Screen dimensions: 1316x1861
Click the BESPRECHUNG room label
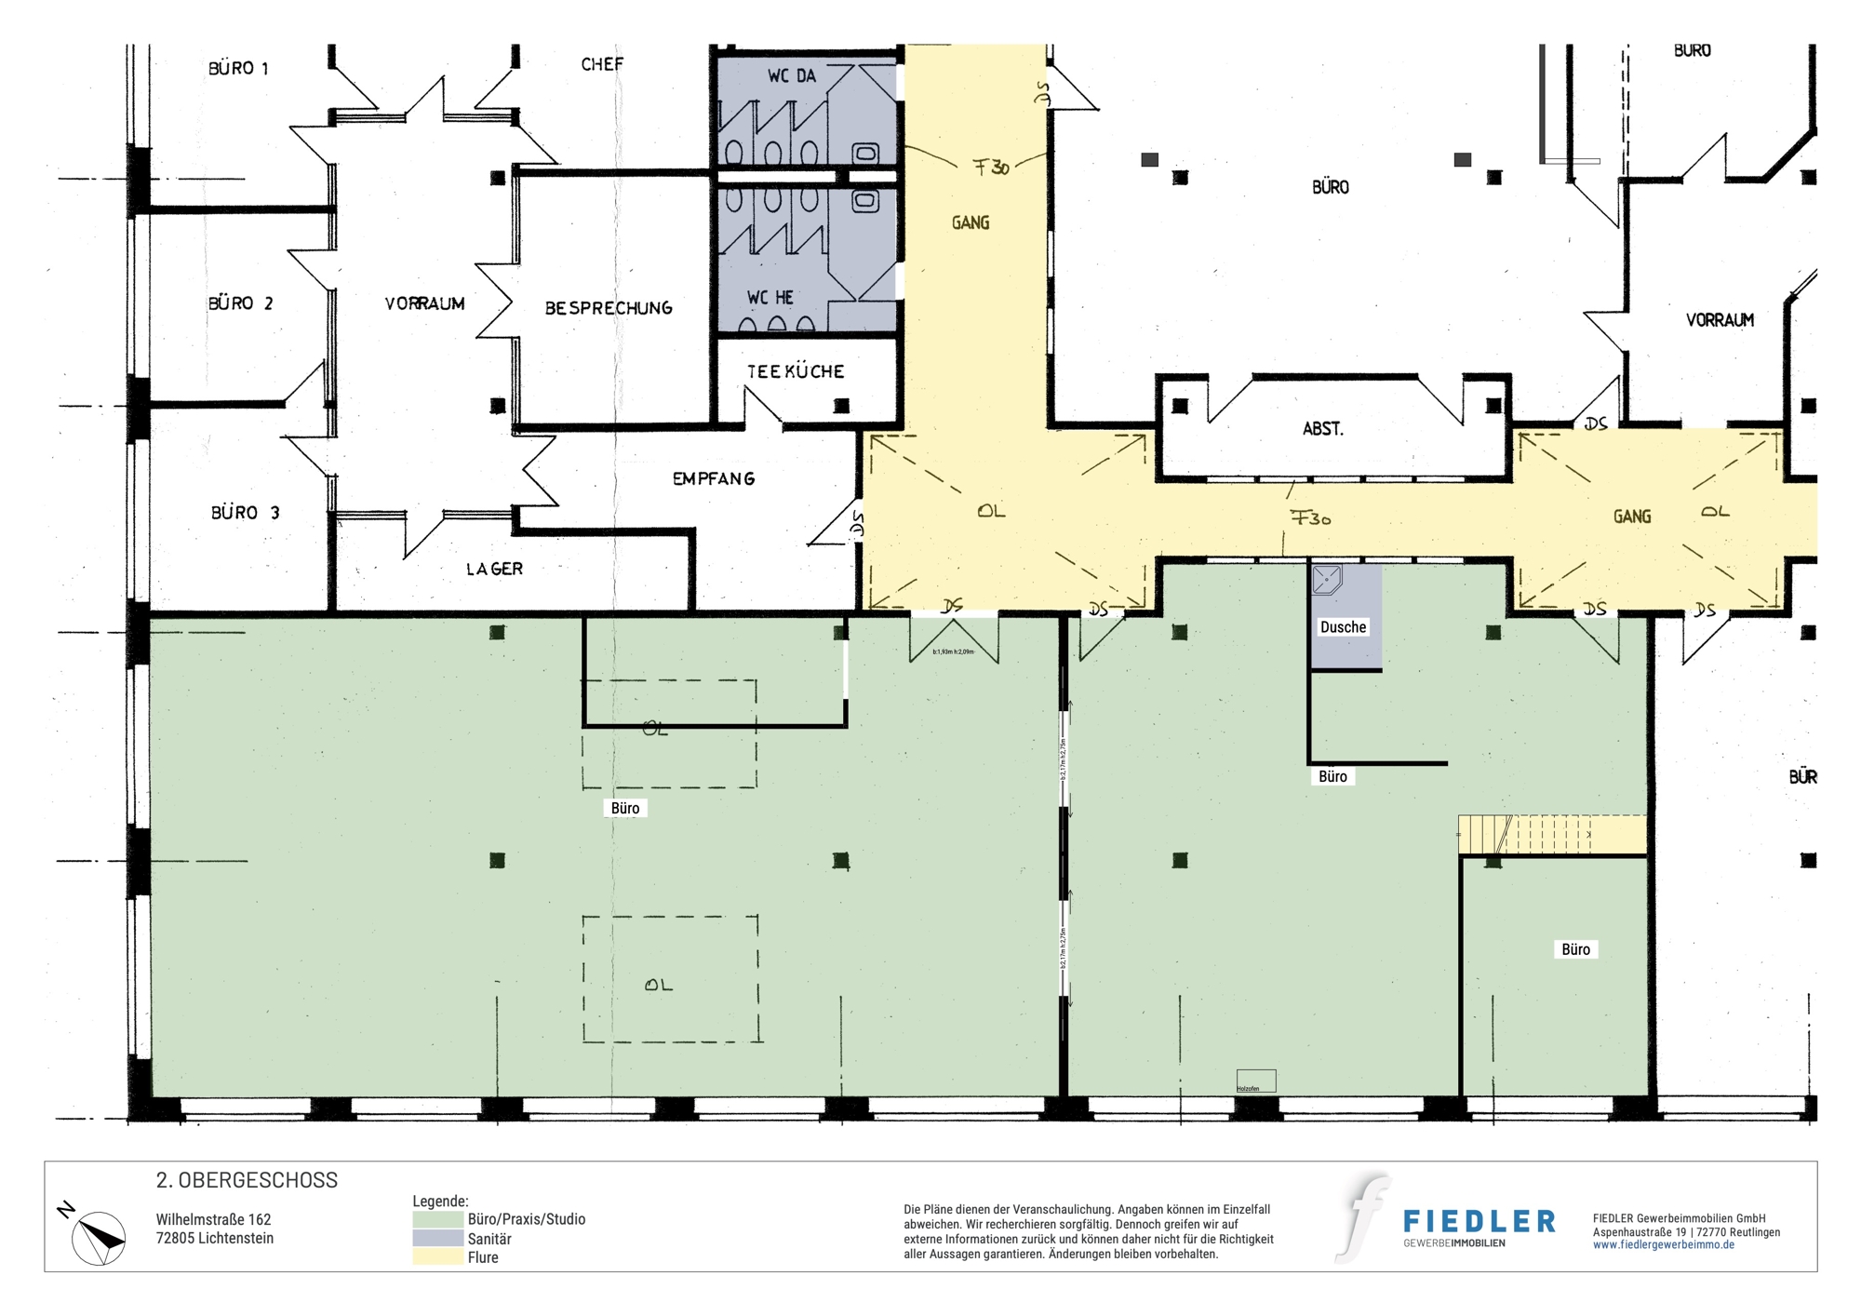click(609, 308)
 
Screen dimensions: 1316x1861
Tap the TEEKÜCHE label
click(796, 371)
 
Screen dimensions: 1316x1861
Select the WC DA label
click(791, 76)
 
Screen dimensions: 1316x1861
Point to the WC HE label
click(770, 298)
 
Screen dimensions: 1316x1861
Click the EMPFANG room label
click(714, 478)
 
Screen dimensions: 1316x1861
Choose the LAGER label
click(494, 569)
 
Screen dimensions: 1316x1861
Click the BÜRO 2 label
click(240, 303)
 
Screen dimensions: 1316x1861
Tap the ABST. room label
click(1322, 429)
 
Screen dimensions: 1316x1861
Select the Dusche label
click(1343, 627)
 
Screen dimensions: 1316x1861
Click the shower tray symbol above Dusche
click(1326, 580)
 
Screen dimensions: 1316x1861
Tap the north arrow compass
click(99, 1238)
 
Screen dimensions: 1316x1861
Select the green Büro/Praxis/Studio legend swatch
click(437, 1219)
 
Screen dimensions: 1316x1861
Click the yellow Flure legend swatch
click(437, 1257)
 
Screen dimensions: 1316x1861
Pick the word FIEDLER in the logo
click(1479, 1221)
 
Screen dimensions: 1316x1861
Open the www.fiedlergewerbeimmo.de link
click(1663, 1245)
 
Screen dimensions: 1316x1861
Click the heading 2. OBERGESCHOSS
click(247, 1180)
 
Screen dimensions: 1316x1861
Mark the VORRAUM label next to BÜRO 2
click(424, 303)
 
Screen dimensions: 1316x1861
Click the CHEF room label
click(602, 64)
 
